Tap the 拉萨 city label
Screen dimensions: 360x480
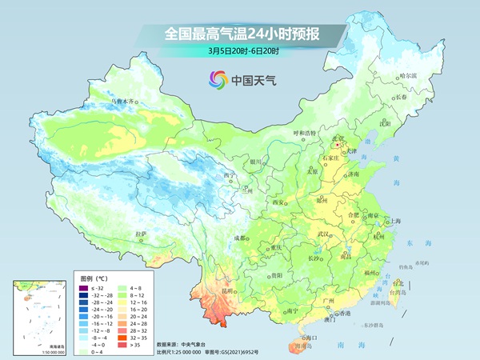tap(141, 234)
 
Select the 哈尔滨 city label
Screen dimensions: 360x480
tap(408, 75)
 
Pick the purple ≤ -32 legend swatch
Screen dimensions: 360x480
tap(84, 286)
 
